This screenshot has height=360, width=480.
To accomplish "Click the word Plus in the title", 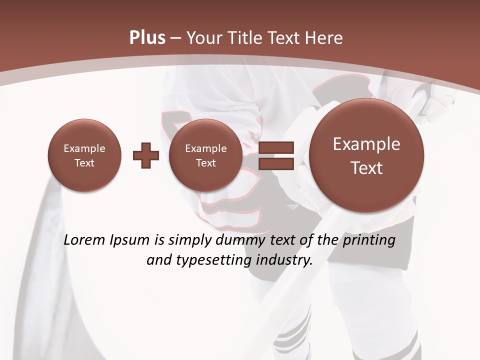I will pos(147,38).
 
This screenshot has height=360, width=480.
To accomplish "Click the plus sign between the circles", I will pos(146,155).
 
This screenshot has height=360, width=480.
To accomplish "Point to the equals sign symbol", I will pos(276,155).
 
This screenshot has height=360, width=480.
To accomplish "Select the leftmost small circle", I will pos(84,155).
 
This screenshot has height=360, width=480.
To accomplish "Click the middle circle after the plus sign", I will pos(205,155).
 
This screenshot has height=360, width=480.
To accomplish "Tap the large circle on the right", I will pos(366,155).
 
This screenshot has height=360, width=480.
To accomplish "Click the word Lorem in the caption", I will pos(85,240).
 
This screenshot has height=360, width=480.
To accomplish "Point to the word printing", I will pos(370,240).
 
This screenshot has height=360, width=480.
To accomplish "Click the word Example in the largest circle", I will pos(366,144).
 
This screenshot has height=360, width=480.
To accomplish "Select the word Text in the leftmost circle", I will pos(84,163).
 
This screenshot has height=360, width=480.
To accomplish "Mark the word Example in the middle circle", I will pos(205,148).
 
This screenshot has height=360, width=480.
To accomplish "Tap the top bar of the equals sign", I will pos(276,147).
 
